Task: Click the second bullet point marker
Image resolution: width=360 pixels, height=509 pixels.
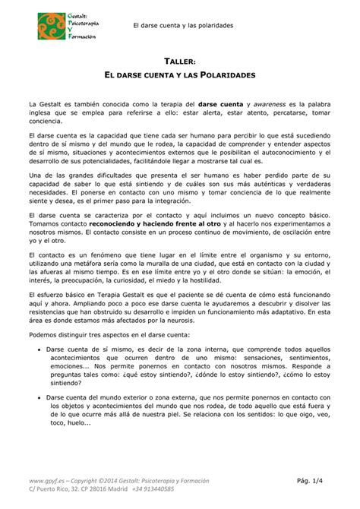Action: pyautogui.click(x=39, y=396)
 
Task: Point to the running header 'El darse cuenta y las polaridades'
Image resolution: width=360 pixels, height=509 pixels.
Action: pyautogui.click(x=182, y=26)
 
